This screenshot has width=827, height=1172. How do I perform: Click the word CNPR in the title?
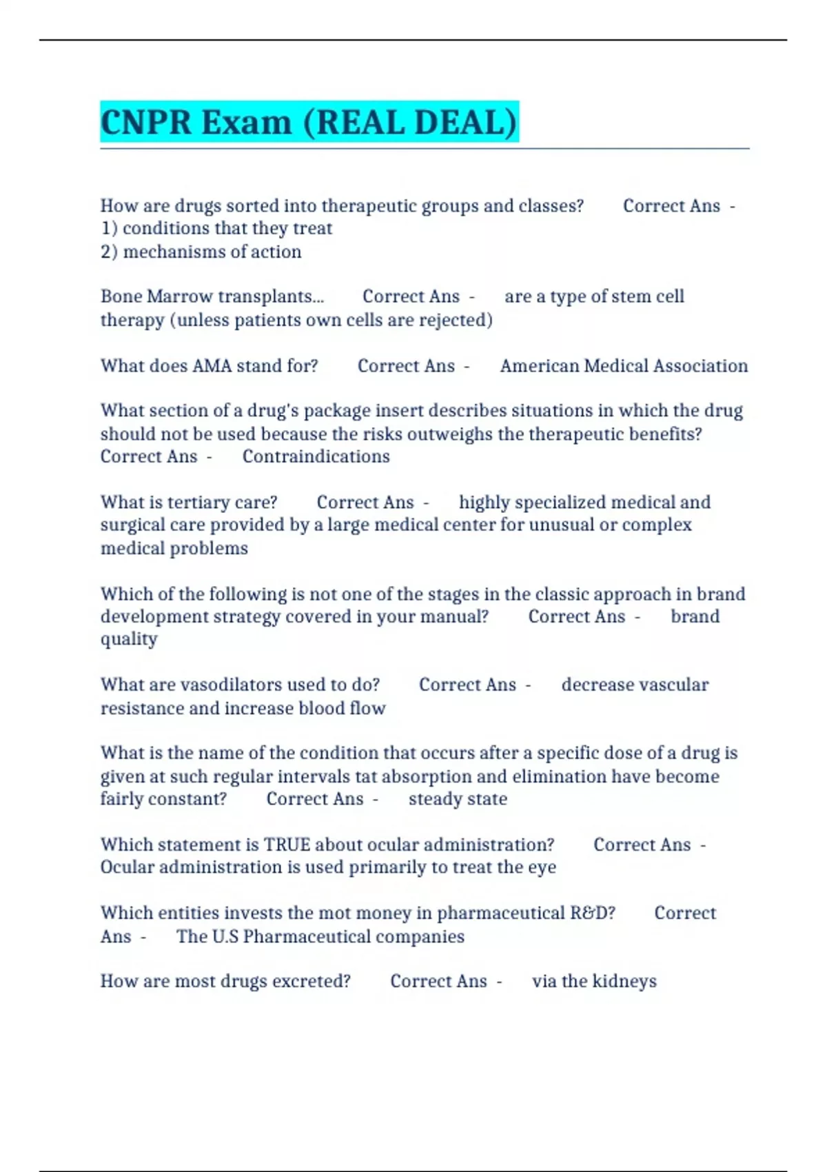pos(145,123)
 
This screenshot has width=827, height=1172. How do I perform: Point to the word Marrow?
pos(180,296)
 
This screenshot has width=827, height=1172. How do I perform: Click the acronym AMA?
pos(212,365)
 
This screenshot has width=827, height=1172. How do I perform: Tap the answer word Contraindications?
pos(316,456)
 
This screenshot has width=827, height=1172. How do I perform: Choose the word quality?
pos(129,640)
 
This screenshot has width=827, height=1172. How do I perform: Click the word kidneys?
pos(624,981)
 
